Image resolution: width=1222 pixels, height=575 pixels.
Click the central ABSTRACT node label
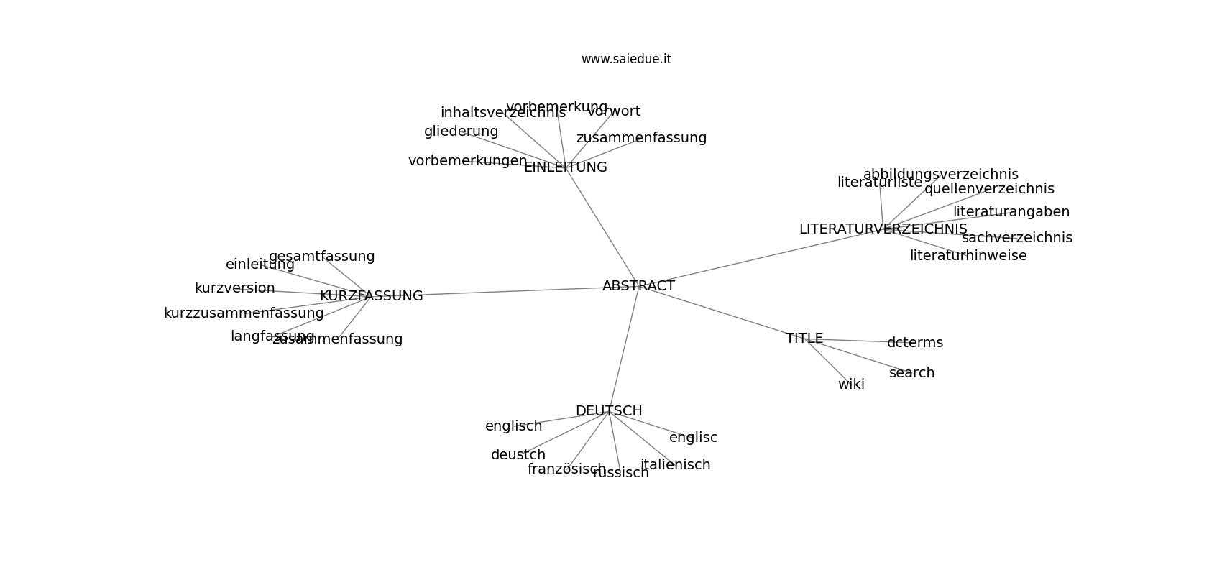click(638, 286)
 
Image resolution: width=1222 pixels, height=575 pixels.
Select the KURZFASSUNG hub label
click(371, 296)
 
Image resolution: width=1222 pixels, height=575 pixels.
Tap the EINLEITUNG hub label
click(565, 167)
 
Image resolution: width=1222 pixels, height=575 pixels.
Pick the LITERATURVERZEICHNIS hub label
click(883, 229)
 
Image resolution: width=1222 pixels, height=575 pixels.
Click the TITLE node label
click(804, 339)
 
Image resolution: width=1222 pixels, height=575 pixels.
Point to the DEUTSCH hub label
click(609, 411)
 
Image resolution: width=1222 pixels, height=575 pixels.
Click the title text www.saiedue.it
click(626, 60)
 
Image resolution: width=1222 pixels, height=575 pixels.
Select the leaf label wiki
click(851, 385)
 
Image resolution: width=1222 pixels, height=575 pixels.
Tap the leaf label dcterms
click(914, 343)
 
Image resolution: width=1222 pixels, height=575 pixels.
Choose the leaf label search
click(911, 373)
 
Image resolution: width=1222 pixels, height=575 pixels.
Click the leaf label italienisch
click(675, 465)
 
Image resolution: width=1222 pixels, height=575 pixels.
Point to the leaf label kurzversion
click(234, 288)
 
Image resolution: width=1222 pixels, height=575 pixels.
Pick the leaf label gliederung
click(461, 132)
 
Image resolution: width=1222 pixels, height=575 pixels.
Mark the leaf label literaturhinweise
click(968, 256)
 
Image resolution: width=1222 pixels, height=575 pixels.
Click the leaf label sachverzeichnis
click(1016, 238)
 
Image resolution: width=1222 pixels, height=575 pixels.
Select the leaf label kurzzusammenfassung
click(244, 313)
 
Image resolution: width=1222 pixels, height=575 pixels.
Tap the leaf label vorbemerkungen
click(467, 161)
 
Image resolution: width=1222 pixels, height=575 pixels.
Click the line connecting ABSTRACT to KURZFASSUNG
click(503, 291)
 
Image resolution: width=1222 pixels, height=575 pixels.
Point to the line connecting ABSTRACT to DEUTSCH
click(624, 349)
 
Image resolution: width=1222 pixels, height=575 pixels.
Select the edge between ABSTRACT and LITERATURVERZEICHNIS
click(762, 257)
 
